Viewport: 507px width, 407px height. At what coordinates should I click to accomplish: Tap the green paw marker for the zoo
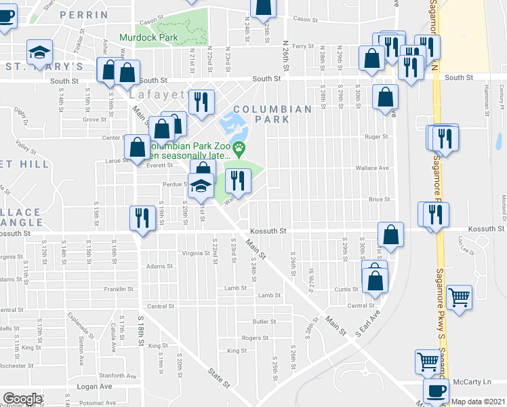239,147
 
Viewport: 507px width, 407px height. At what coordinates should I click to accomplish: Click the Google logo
22,399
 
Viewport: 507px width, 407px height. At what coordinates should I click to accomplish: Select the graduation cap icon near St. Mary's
40,51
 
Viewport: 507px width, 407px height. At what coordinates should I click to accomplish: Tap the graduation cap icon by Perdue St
201,185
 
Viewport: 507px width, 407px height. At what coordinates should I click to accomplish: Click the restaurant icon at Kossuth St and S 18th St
140,218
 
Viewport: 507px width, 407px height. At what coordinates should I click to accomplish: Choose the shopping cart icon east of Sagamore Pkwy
460,296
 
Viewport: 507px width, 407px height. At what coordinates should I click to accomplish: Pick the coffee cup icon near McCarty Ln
436,391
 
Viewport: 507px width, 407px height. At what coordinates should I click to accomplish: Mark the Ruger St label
376,136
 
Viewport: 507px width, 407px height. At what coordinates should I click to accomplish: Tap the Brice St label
380,199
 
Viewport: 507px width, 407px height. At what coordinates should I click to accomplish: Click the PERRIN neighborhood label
83,14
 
